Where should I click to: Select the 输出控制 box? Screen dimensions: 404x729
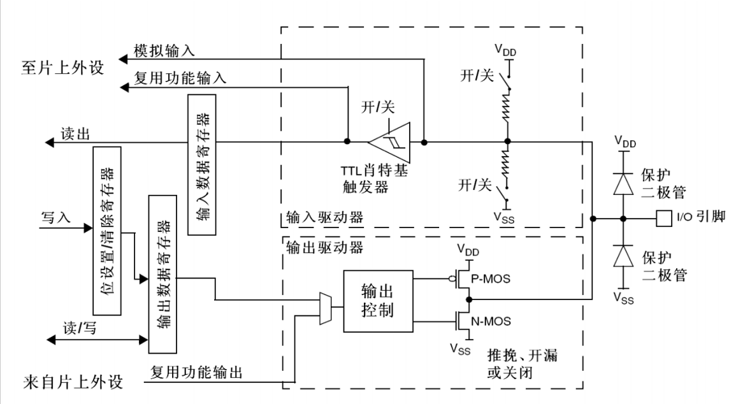(x=377, y=301)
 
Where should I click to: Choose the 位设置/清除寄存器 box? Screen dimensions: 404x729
(x=107, y=231)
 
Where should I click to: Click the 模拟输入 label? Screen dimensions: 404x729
(x=164, y=51)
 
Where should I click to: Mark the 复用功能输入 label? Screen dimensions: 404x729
(x=180, y=79)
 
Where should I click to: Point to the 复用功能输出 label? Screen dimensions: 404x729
(x=196, y=372)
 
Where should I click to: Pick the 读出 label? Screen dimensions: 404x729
(x=75, y=134)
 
